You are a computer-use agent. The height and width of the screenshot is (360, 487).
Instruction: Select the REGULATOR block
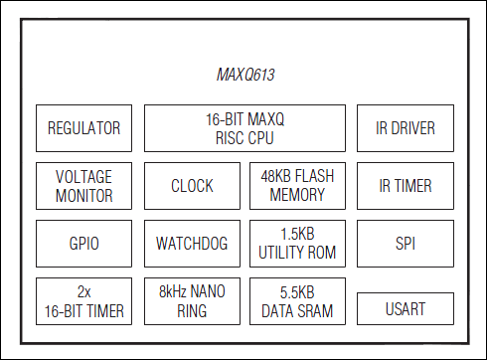84,128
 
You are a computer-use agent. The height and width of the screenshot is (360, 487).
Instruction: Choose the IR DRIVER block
406,128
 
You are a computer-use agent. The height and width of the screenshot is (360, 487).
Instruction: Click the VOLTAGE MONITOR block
84,185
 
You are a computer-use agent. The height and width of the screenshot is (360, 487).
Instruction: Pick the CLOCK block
192,186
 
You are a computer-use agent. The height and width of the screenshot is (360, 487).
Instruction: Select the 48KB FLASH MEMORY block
297,185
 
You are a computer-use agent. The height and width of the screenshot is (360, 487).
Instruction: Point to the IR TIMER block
406,185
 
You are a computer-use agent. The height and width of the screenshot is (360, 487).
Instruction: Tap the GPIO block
84,243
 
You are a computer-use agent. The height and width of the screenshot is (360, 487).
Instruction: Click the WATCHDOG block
192,243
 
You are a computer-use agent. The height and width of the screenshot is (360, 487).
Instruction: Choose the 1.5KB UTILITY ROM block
297,243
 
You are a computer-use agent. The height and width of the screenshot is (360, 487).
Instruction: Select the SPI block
406,243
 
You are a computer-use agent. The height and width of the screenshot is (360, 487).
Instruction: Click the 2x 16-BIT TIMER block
84,301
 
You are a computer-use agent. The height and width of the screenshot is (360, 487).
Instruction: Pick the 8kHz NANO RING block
192,301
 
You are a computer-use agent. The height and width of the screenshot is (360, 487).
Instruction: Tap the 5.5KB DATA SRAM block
297,301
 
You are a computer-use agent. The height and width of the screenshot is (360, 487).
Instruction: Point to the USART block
406,308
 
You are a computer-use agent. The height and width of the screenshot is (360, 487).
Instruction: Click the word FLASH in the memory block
312,176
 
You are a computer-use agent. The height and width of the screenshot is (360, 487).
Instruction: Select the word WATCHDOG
192,243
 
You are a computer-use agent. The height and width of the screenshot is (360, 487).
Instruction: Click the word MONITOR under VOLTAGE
84,195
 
